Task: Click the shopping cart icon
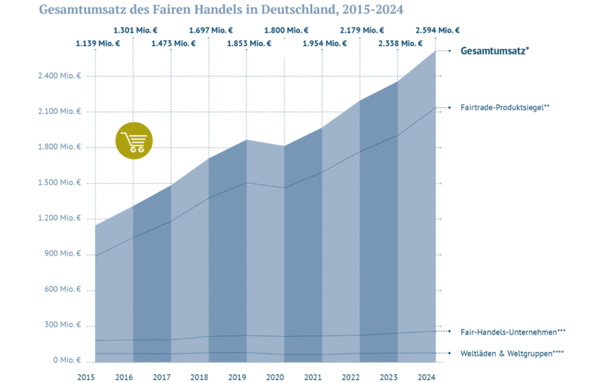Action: click(134, 141)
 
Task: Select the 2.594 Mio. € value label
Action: click(437, 31)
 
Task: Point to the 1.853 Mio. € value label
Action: click(249, 44)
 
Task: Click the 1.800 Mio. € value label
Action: click(286, 31)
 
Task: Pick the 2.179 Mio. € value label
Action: click(362, 31)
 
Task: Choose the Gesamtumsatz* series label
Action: click(494, 51)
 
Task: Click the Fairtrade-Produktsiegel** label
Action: click(505, 107)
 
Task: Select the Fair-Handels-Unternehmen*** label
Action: click(513, 331)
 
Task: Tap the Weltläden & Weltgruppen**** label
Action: click(513, 353)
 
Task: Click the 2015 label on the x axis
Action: click(86, 376)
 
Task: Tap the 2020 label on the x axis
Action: click(275, 376)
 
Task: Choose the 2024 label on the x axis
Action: click(427, 376)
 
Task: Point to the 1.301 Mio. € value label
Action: click(135, 31)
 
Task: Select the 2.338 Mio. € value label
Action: click(399, 44)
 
